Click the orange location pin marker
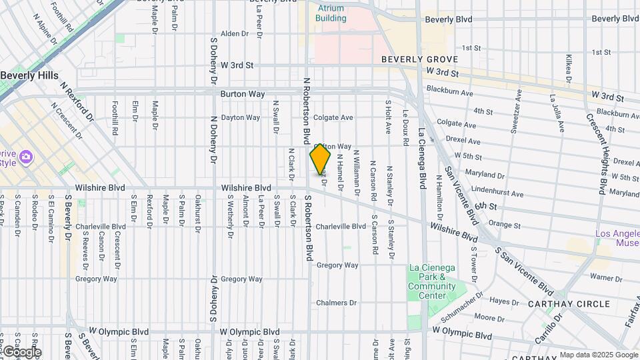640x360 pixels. click(x=320, y=160)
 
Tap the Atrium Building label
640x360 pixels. click(x=331, y=13)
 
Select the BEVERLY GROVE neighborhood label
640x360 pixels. click(x=420, y=59)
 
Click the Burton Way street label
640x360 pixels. click(x=243, y=94)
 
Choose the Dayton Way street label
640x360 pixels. click(x=240, y=117)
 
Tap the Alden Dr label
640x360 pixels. click(x=234, y=33)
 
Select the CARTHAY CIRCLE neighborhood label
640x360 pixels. click(x=569, y=304)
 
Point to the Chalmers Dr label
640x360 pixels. click(x=337, y=303)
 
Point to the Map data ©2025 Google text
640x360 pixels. click(x=598, y=355)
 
